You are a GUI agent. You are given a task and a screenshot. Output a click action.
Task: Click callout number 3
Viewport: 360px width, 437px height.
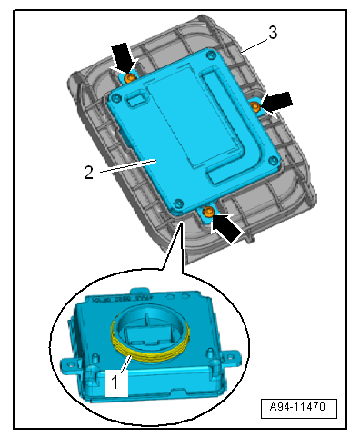pos(273,33)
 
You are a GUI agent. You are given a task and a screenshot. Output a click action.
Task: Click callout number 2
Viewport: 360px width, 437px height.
pos(88,173)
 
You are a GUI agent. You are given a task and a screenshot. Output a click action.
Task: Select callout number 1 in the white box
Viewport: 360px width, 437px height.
pos(115,382)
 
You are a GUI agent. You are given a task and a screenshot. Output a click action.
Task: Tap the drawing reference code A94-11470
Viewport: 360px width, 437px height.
pos(298,407)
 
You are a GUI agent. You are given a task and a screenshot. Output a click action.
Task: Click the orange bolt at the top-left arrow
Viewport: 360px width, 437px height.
pos(131,78)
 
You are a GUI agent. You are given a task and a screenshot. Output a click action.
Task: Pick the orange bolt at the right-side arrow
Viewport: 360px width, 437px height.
pos(255,106)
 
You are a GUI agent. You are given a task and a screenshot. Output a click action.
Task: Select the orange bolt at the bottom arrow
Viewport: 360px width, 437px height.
pos(208,211)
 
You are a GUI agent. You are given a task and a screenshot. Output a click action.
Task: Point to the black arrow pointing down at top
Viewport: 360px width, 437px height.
pos(124,57)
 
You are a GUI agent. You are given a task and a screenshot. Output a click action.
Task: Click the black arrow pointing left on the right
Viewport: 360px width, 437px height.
pos(276,102)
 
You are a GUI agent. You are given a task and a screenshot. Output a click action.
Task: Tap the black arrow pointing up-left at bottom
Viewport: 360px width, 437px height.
pos(225,228)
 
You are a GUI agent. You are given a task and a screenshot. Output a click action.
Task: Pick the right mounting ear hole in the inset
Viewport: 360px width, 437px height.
pos(232,355)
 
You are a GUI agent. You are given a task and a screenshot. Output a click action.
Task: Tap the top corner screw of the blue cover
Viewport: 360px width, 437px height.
pos(210,55)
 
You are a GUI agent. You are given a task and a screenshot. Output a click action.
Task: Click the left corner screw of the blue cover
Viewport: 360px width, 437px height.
pos(115,97)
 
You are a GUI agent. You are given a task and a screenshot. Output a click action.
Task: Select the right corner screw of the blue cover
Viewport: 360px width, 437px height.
pos(274,161)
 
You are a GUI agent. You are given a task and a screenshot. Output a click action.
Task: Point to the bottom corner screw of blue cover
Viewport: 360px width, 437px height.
pos(178,204)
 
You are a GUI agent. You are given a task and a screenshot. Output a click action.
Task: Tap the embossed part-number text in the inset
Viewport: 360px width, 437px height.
pos(121,300)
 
